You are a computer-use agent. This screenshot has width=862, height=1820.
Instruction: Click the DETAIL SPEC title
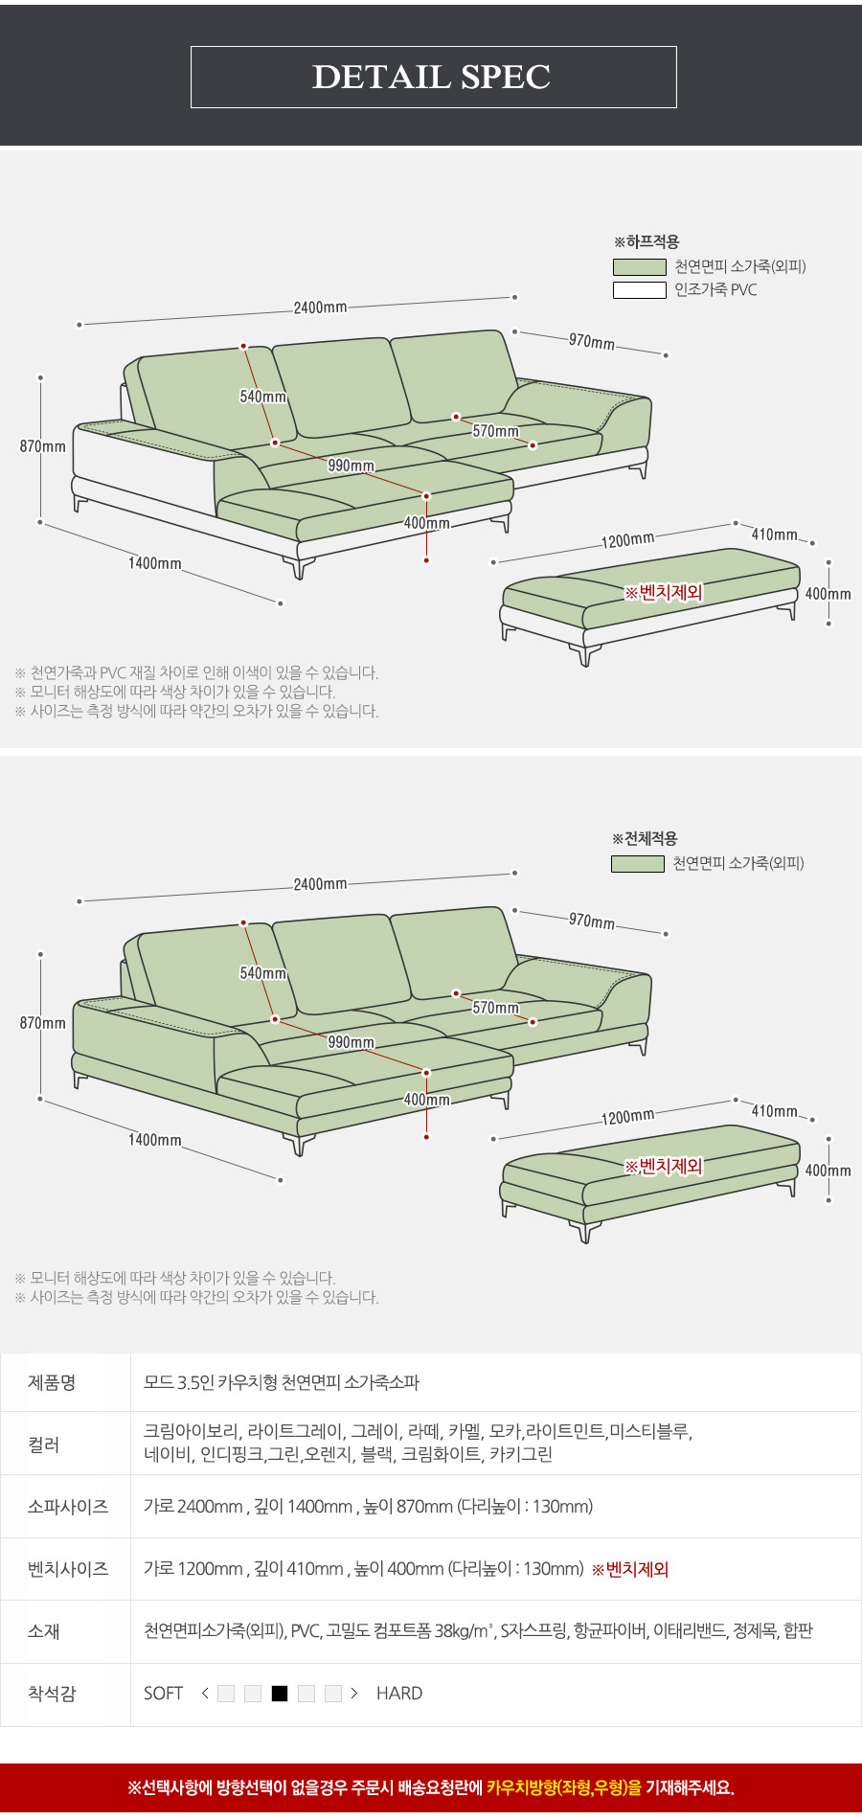pyautogui.click(x=432, y=77)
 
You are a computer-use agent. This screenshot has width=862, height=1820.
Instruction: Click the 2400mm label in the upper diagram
pyautogui.click(x=320, y=307)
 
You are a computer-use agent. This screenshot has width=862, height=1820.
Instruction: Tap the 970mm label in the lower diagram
pyautogui.click(x=592, y=921)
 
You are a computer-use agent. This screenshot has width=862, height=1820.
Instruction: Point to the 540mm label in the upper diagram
pyautogui.click(x=262, y=397)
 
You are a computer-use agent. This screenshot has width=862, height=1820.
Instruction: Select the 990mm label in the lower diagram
pyautogui.click(x=351, y=1042)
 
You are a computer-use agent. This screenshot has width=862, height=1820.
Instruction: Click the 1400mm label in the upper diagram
pyautogui.click(x=155, y=563)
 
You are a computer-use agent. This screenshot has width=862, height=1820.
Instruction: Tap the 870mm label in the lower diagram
pyautogui.click(x=43, y=1023)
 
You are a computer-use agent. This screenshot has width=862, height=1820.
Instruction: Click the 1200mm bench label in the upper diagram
pyautogui.click(x=628, y=540)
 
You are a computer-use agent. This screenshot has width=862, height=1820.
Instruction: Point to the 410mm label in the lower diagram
pyautogui.click(x=774, y=1111)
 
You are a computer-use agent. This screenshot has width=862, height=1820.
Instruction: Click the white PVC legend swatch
pyautogui.click(x=640, y=289)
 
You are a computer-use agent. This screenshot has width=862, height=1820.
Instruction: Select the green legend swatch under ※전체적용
pyautogui.click(x=638, y=863)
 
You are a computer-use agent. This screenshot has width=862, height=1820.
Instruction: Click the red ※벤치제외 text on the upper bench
pyautogui.click(x=664, y=592)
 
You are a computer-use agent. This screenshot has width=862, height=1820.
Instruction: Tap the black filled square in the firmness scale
pyautogui.click(x=280, y=1694)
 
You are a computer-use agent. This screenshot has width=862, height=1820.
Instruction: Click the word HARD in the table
pyautogui.click(x=399, y=1694)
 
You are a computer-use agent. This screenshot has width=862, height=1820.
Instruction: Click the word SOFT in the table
pyautogui.click(x=163, y=1694)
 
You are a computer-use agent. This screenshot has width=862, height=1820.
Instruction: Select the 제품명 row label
pyautogui.click(x=52, y=1382)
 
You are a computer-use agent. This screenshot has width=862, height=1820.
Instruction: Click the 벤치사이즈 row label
pyautogui.click(x=68, y=1569)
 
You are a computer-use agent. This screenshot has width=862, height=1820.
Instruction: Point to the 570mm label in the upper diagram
pyautogui.click(x=495, y=431)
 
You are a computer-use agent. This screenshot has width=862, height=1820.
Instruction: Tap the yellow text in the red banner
pyautogui.click(x=564, y=1787)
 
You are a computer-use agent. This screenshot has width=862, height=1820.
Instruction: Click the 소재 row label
pyautogui.click(x=44, y=1631)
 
